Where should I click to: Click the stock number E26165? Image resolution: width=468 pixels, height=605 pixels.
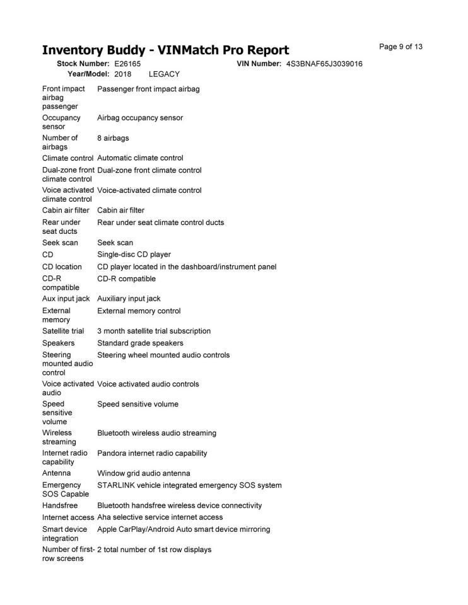coord(127,64)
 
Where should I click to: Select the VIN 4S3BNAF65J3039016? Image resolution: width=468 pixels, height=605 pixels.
coord(324,64)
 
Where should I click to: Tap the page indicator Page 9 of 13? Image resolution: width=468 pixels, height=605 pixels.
coord(401,47)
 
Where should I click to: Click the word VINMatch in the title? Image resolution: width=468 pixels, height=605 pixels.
coord(187,50)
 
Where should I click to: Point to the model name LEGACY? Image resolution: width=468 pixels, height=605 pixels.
coord(164,74)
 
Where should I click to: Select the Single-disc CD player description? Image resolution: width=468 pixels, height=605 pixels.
coord(134,255)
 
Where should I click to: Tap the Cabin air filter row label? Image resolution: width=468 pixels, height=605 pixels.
coord(66,210)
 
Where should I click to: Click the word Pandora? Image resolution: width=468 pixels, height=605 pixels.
coord(112,453)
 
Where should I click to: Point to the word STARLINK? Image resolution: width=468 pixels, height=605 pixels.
coord(116,485)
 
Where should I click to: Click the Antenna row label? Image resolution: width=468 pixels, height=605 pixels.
coord(56,473)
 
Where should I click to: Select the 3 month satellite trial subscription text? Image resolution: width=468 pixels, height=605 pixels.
coord(154,331)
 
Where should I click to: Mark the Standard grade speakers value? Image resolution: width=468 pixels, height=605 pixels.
coord(140,343)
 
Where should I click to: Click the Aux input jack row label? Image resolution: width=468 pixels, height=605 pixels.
coord(66,299)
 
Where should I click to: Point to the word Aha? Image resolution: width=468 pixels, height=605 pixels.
coord(105,517)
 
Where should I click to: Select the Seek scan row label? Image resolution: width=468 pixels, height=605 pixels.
coord(61,243)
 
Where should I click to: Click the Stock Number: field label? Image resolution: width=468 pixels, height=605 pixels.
coord(83,64)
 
